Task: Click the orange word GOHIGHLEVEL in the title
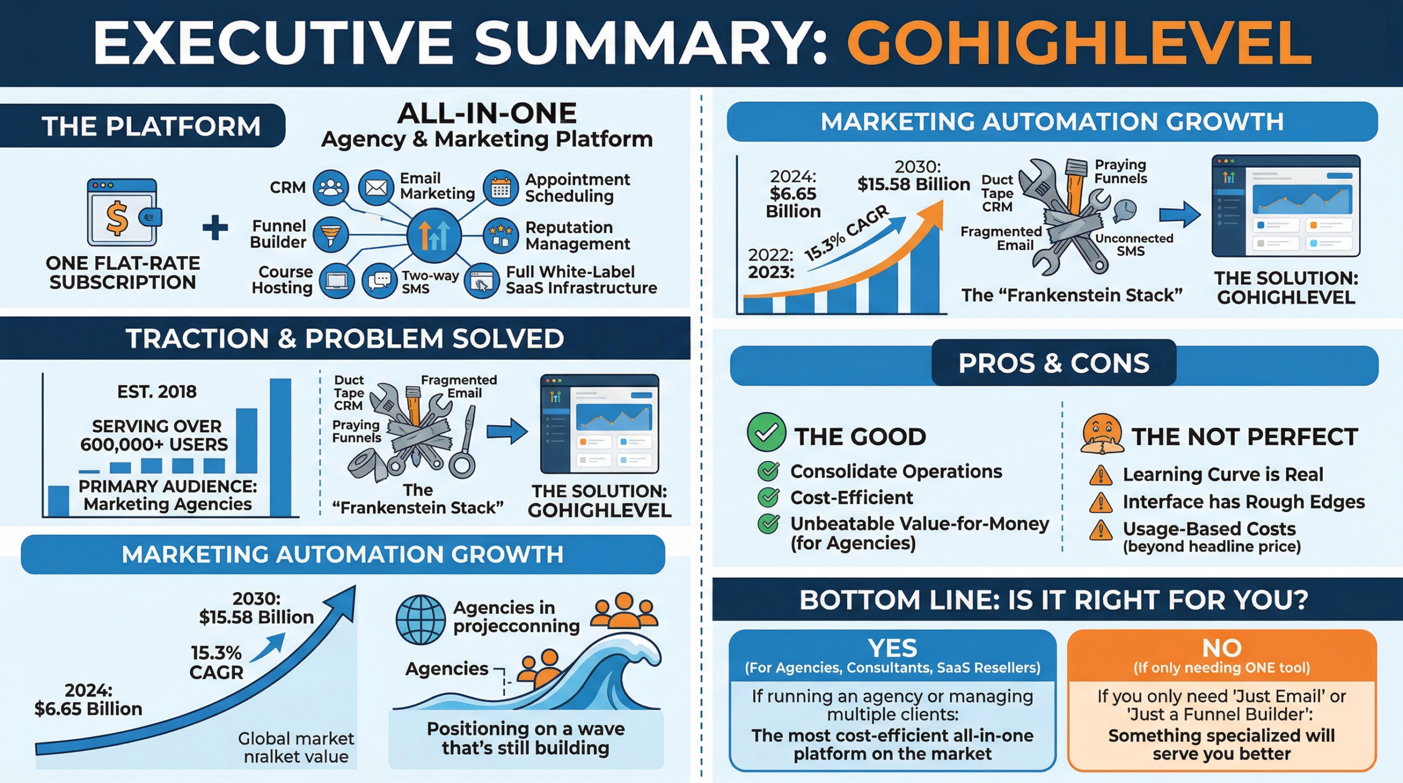(1079, 44)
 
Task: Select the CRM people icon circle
(330, 188)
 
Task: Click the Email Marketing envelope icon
(376, 188)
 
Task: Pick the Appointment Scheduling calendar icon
(500, 188)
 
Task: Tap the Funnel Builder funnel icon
(330, 235)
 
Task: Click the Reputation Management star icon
(500, 235)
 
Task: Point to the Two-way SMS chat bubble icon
(379, 281)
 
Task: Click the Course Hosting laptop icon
(337, 281)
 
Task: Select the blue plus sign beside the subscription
(215, 228)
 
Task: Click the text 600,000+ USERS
(154, 444)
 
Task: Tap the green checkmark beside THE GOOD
(766, 432)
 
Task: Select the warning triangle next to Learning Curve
(1100, 475)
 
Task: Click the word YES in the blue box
(892, 648)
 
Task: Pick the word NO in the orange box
(1222, 648)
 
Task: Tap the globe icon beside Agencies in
(420, 620)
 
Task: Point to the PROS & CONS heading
(1053, 363)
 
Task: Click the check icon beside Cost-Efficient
(768, 497)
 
